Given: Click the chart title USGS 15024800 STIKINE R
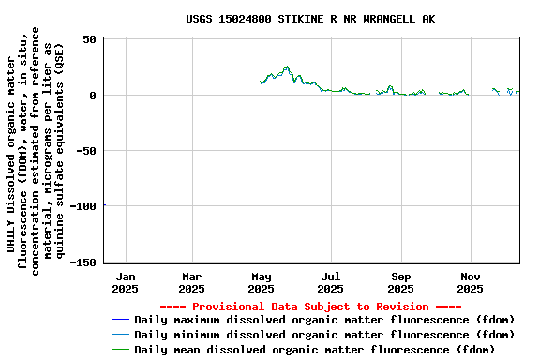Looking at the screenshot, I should click(310, 19).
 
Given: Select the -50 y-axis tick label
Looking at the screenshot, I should click(86, 150).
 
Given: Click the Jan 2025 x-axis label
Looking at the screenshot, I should click(125, 282).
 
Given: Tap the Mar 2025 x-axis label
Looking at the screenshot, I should click(191, 282).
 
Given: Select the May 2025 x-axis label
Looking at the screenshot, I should click(262, 282).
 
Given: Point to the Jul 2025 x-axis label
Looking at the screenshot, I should click(331, 282).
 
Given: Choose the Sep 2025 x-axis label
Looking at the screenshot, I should click(401, 282).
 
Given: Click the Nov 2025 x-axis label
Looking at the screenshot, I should click(471, 282).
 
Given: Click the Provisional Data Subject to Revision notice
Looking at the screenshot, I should click(310, 307).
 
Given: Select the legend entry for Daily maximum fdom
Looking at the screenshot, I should click(324, 320).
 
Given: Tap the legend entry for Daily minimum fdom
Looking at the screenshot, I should click(324, 335).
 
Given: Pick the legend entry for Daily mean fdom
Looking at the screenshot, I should click(314, 350).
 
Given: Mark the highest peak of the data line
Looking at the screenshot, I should click(288, 67).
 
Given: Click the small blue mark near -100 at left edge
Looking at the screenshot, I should click(104, 204).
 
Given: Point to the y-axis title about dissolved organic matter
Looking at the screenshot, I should click(37, 150).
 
